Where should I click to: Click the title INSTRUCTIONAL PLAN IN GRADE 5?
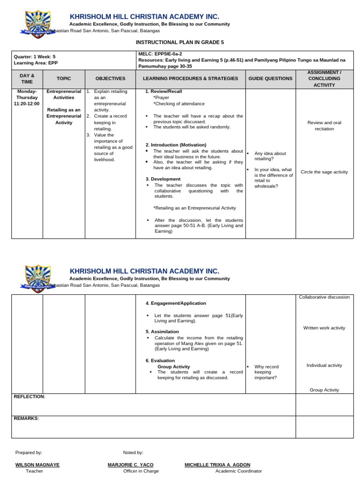coord(180,42)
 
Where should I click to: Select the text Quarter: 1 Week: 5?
coord(35,56)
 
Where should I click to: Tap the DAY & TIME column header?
coord(27,78)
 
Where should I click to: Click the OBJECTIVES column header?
coord(110,78)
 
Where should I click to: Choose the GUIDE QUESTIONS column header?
coord(270,78)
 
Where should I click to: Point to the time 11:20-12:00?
coord(27,104)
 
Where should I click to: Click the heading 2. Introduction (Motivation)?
coord(176,145)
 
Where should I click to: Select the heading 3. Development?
coord(163,179)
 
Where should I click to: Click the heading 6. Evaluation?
coord(160,360)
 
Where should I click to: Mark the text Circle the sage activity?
coord(324,172)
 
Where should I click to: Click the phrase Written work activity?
coord(324,328)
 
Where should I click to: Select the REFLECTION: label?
coord(30,397)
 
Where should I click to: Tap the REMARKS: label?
coord(27,418)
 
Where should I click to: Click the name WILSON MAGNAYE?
coord(37,465)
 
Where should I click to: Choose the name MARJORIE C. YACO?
coord(130,465)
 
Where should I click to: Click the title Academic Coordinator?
coord(239,471)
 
